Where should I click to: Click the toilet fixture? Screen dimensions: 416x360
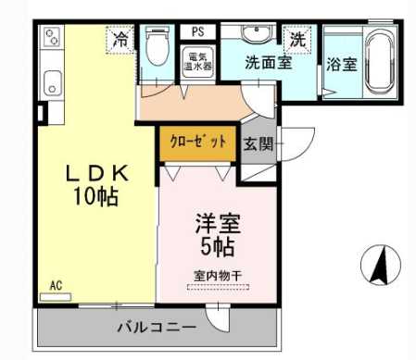point(158,45)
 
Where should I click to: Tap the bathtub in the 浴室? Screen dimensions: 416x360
point(379,63)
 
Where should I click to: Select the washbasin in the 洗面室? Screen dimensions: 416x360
point(257,33)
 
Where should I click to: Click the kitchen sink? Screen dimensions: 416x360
point(52,83)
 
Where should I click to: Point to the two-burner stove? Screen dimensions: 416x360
point(52,37)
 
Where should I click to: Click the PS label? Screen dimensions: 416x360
point(198,31)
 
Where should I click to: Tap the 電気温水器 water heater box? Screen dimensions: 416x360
point(198,62)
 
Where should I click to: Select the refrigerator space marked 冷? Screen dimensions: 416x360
point(120,40)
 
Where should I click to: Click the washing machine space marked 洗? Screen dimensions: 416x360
point(297,40)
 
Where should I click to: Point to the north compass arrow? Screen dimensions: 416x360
point(381,265)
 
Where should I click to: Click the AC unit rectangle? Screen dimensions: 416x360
point(56,297)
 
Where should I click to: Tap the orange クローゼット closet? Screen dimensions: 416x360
point(198,143)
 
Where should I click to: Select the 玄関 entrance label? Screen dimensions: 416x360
point(258,143)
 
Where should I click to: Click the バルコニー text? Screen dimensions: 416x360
point(157,327)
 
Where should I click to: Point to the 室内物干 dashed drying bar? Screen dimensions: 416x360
point(218,287)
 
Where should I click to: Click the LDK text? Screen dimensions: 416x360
point(97,173)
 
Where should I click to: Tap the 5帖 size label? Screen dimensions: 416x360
point(218,247)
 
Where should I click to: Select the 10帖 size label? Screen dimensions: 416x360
point(95,196)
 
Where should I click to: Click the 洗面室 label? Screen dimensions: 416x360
point(269,63)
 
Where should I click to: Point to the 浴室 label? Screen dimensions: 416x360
point(342,65)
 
